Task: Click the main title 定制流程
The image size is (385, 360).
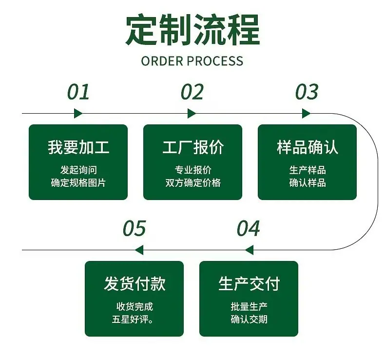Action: [193, 29]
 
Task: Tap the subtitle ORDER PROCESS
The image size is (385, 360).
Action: [192, 61]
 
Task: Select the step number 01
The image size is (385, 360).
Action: [78, 92]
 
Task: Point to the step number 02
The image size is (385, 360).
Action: [192, 92]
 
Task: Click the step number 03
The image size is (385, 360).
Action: [307, 92]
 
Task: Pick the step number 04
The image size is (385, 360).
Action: [248, 228]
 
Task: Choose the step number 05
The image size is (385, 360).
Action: [135, 228]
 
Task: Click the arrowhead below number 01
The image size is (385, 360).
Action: [78, 114]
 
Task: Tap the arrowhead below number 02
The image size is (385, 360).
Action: [192, 114]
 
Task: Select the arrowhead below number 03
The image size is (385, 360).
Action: [306, 114]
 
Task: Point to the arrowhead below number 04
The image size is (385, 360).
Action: [249, 250]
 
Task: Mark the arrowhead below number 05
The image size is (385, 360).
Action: [139, 250]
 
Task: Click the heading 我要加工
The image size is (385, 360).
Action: [78, 147]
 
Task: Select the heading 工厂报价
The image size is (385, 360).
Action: [193, 147]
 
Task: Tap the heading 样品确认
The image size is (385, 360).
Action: [308, 147]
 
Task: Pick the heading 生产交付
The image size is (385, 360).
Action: [249, 284]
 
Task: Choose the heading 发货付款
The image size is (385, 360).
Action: [135, 284]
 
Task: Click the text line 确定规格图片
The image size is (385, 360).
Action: [78, 183]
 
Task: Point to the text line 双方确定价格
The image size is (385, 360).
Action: [193, 183]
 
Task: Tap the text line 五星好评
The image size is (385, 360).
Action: [133, 320]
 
